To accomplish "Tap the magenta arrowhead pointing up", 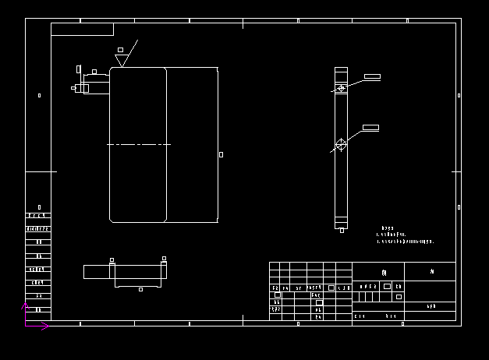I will point(25,307).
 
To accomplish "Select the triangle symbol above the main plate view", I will point(121,60).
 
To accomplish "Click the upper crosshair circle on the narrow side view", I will point(341,89).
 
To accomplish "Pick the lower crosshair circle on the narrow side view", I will point(341,144).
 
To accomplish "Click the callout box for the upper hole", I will point(372,76).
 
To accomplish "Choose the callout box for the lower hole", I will point(370,127).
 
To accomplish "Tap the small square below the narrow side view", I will point(342,230).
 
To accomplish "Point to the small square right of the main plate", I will point(221,154).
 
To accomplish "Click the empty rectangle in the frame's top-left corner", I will point(82,29).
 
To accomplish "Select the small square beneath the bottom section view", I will point(140,289).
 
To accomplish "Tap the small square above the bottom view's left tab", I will point(112,260).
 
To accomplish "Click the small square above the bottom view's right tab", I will point(164,259).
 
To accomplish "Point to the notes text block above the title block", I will point(404,236).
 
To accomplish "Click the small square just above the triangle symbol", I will point(120,49).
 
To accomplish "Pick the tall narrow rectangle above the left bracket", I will point(78,69).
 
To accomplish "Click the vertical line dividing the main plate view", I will point(166,144).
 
